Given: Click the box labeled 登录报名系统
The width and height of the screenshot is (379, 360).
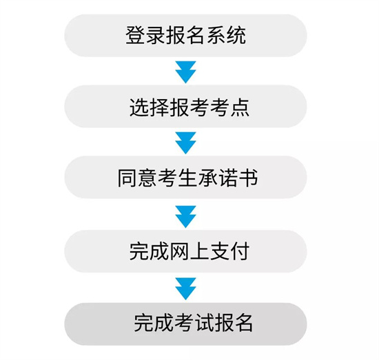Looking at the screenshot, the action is (x=185, y=36).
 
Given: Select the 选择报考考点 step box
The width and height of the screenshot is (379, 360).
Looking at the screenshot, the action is (x=185, y=106).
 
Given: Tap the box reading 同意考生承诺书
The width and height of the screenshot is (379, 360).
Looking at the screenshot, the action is (x=185, y=177).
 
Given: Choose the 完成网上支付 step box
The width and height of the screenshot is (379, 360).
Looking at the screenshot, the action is (x=185, y=251).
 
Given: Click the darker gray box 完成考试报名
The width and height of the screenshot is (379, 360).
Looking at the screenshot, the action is (x=185, y=324).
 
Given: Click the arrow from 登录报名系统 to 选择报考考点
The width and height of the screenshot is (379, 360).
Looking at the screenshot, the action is (x=185, y=72).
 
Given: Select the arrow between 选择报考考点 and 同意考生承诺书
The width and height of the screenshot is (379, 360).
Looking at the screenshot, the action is (x=185, y=143).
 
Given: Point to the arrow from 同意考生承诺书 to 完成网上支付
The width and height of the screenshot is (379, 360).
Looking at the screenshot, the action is (x=185, y=217).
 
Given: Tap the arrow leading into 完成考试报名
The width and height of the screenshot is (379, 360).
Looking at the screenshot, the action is (x=185, y=289).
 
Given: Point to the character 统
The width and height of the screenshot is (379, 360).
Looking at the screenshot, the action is (x=236, y=35).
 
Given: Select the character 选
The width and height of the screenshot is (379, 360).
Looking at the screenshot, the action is (x=139, y=107).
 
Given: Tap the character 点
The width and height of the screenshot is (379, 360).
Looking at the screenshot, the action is (x=240, y=107).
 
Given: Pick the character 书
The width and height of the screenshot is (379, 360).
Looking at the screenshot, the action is (x=248, y=178).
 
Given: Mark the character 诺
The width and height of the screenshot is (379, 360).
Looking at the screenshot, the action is (x=228, y=178).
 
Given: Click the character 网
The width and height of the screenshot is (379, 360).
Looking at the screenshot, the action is (x=180, y=251).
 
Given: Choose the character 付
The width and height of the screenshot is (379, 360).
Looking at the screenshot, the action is (x=240, y=251).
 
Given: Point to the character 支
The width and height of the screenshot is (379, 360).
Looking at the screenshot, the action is (x=220, y=251).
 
